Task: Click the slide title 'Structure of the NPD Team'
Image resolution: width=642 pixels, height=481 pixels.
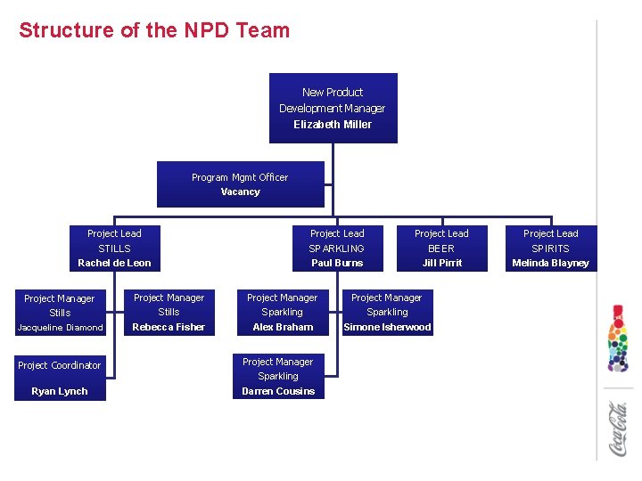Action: click(x=154, y=30)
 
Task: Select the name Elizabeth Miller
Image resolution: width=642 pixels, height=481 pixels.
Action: click(x=333, y=125)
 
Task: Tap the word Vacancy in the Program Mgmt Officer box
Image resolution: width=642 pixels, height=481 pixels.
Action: click(x=240, y=192)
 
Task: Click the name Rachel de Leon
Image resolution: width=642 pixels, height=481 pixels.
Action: click(x=114, y=263)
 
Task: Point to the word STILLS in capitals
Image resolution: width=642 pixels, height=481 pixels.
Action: click(x=114, y=249)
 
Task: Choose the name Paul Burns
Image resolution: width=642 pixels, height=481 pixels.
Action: click(x=337, y=263)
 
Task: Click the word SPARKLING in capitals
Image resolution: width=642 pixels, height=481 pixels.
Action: click(x=337, y=249)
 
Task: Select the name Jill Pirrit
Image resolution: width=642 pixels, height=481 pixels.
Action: click(x=441, y=263)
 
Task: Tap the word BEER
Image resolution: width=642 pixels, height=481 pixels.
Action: click(x=441, y=249)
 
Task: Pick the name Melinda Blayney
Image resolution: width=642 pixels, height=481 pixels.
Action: click(x=550, y=263)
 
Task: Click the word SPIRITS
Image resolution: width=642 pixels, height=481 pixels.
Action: click(x=550, y=249)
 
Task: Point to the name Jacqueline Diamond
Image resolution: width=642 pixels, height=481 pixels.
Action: click(x=60, y=328)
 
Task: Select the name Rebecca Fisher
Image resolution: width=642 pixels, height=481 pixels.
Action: click(x=169, y=327)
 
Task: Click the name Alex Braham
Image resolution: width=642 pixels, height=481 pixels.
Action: click(x=283, y=327)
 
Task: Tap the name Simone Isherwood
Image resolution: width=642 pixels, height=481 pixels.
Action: click(x=387, y=327)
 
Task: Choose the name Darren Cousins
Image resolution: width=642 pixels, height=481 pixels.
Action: click(x=278, y=391)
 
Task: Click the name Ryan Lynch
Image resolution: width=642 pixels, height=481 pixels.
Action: click(x=60, y=391)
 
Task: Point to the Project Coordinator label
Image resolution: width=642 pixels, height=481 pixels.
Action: click(x=60, y=365)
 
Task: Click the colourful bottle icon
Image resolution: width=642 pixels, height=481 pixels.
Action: click(x=617, y=339)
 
